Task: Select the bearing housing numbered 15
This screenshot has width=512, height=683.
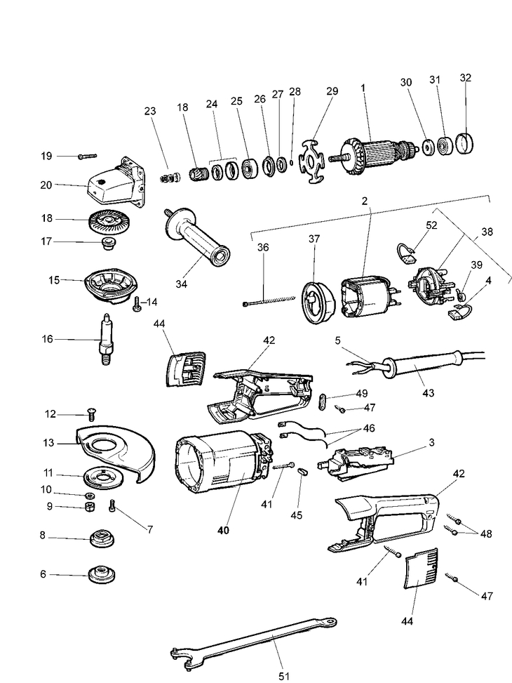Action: (x=108, y=284)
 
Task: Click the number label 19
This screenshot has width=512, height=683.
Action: (x=47, y=155)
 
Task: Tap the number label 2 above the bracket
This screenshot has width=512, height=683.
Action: (x=365, y=201)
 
